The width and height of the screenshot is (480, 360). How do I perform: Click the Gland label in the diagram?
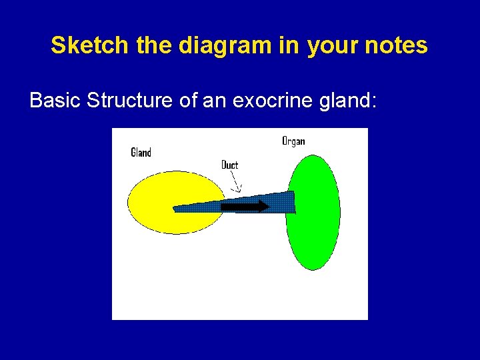[141, 153]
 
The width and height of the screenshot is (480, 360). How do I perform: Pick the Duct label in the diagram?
[229, 165]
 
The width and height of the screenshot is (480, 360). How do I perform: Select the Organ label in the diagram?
[293, 141]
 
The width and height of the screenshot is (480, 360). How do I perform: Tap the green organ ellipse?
[313, 233]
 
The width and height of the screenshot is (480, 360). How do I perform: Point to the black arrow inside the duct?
[241, 207]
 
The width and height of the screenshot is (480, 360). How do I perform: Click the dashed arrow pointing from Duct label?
[236, 182]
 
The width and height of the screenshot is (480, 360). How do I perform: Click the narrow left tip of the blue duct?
[177, 208]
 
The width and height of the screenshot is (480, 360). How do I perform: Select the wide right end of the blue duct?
[291, 202]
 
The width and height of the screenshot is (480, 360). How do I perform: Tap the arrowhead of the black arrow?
[265, 207]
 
